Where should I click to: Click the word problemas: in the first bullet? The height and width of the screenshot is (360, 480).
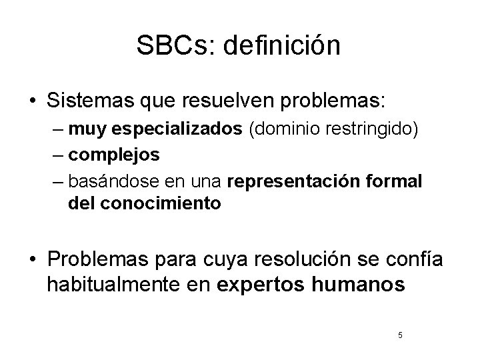(343, 102)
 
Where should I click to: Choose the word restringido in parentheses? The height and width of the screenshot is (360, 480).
(369, 129)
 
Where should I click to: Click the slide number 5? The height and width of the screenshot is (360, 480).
(399, 335)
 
